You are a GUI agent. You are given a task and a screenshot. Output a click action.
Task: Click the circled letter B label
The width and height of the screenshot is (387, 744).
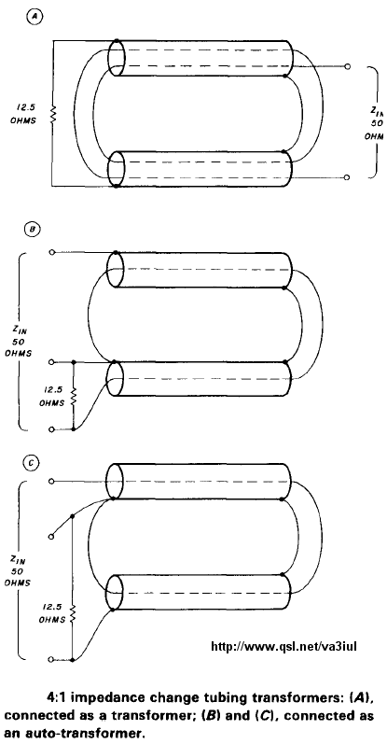[32, 231]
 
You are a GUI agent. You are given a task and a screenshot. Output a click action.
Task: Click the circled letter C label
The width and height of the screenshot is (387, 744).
[32, 464]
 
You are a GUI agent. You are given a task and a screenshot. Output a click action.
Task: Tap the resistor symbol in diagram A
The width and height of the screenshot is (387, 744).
[53, 114]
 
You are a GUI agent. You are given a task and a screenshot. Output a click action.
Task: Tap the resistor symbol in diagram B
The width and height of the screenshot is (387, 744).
[73, 396]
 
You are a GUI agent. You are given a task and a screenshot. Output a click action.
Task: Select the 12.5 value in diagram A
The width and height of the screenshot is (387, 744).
[24, 107]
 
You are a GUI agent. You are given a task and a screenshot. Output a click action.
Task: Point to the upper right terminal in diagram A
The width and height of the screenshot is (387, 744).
[348, 66]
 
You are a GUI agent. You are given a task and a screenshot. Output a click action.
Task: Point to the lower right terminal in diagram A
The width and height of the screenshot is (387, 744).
[347, 177]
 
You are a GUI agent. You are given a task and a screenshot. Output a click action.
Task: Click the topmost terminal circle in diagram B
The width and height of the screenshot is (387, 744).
[51, 252]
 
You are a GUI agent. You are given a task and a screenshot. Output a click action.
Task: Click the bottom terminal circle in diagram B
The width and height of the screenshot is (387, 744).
[51, 429]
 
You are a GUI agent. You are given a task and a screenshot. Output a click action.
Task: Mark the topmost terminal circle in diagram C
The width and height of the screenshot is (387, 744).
[51, 482]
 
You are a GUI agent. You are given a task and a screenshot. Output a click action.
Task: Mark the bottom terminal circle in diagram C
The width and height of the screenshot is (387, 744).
[51, 660]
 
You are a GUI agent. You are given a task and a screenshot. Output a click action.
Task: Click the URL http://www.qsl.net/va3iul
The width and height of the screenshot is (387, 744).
[288, 646]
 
